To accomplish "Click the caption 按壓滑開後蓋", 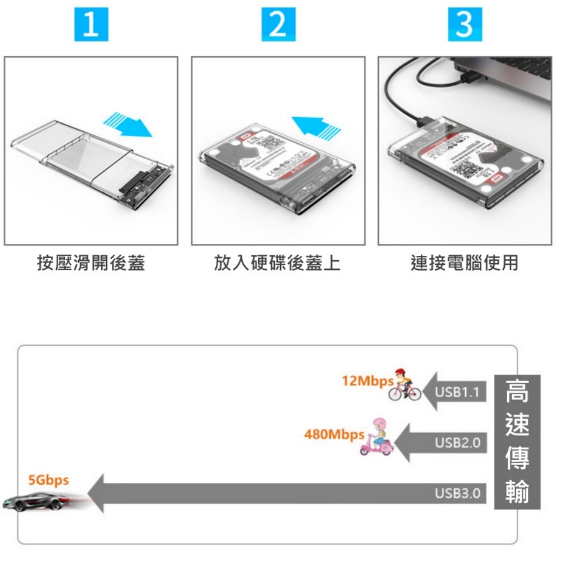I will click(x=91, y=263).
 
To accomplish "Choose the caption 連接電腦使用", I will click(x=465, y=263).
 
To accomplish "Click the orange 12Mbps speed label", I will click(x=367, y=381).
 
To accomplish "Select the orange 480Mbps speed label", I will click(x=333, y=434).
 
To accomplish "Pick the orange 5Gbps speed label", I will click(x=49, y=480).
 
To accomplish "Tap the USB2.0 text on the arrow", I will click(x=458, y=443).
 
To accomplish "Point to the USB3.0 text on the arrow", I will click(x=458, y=494).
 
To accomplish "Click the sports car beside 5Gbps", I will click(x=36, y=500).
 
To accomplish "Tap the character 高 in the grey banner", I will click(x=517, y=392).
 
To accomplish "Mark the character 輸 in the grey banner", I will click(x=517, y=491).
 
